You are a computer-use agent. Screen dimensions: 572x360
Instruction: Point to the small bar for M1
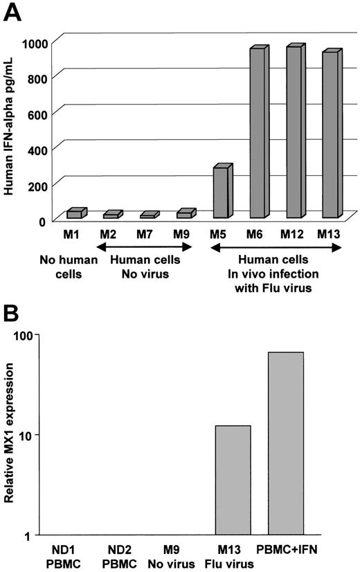click(x=75, y=213)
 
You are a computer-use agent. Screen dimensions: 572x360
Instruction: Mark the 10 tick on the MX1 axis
click(x=33, y=435)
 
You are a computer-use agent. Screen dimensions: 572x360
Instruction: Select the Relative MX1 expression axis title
click(x=10, y=436)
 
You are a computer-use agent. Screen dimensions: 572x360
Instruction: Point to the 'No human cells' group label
click(x=74, y=265)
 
